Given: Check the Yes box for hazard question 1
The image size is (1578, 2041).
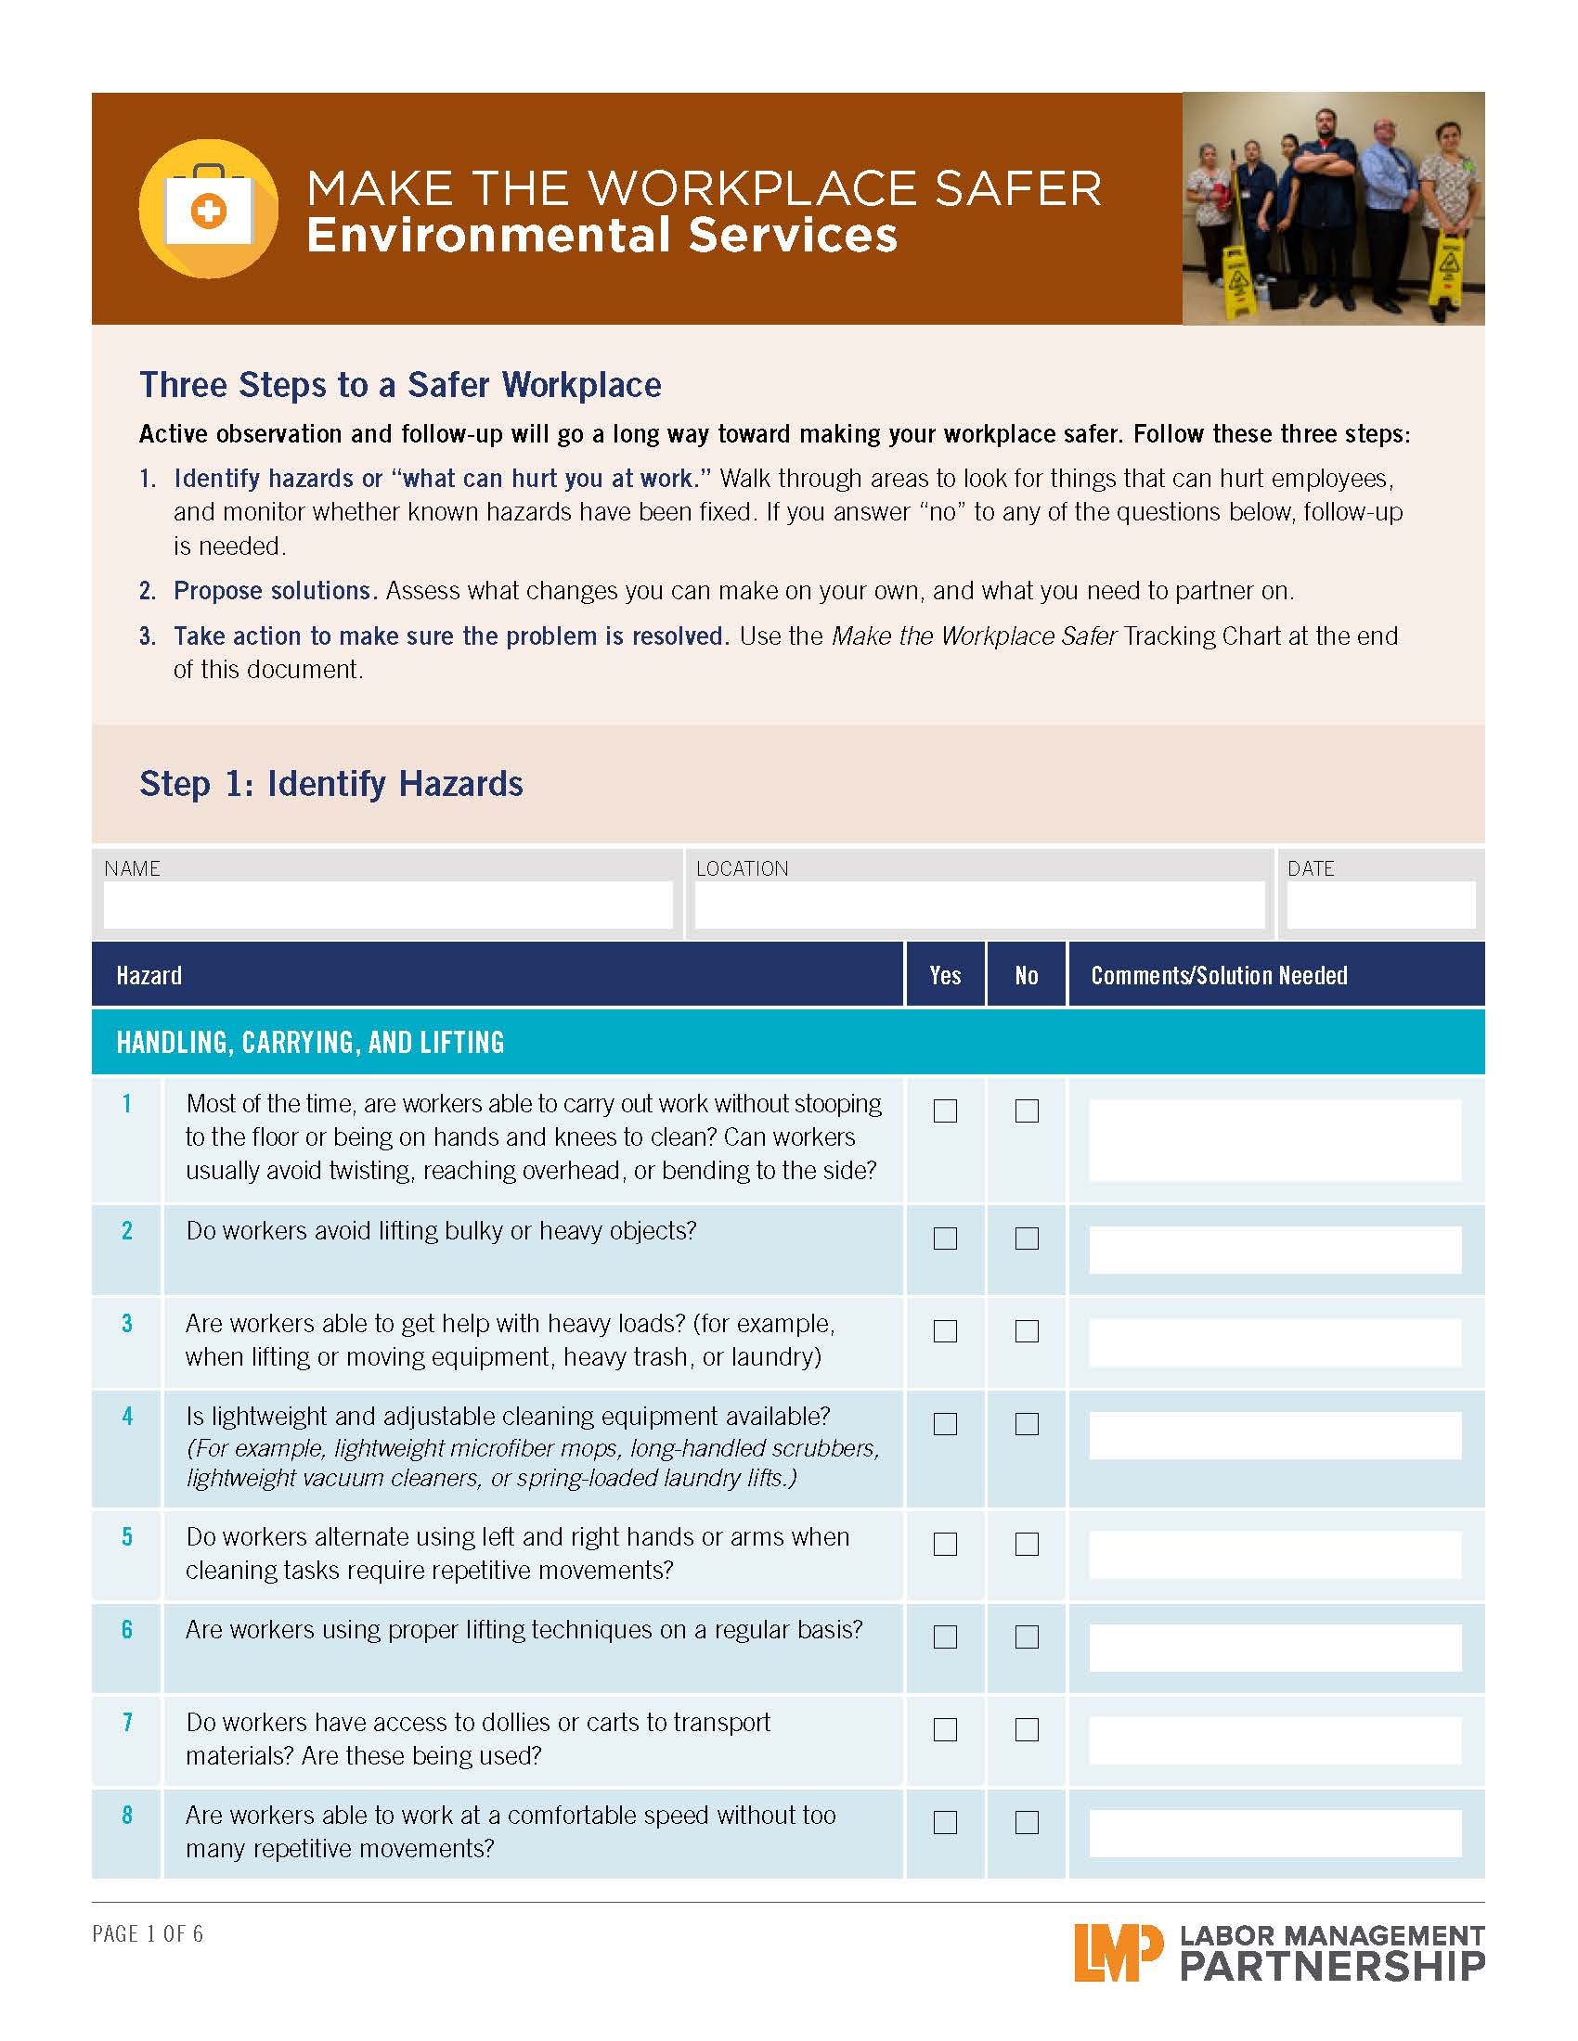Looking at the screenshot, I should click(945, 1110).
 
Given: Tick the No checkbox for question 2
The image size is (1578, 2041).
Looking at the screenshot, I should click(1027, 1239).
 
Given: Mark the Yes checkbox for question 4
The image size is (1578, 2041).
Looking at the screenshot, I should click(945, 1423).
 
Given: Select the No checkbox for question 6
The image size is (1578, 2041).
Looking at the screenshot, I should click(1027, 1637).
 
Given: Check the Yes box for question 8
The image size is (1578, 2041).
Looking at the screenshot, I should click(945, 1822).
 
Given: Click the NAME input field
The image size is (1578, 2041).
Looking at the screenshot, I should click(387, 905).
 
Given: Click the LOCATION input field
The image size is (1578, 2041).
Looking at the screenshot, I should click(978, 905).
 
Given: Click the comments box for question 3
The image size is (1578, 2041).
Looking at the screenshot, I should click(1274, 1343).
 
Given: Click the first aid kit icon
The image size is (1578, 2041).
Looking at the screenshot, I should click(209, 209).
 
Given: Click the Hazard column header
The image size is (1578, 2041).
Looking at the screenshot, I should click(149, 976).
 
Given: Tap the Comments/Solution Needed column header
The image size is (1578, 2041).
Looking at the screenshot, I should click(1218, 976).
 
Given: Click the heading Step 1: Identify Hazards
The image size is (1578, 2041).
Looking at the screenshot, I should click(331, 783).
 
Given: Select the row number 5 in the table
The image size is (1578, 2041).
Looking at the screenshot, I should click(127, 1536).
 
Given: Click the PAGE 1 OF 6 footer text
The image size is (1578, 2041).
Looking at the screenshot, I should click(148, 1933).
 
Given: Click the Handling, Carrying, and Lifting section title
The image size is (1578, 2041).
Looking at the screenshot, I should click(309, 1042).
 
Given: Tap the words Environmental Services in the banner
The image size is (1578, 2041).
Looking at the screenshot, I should click(601, 235).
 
